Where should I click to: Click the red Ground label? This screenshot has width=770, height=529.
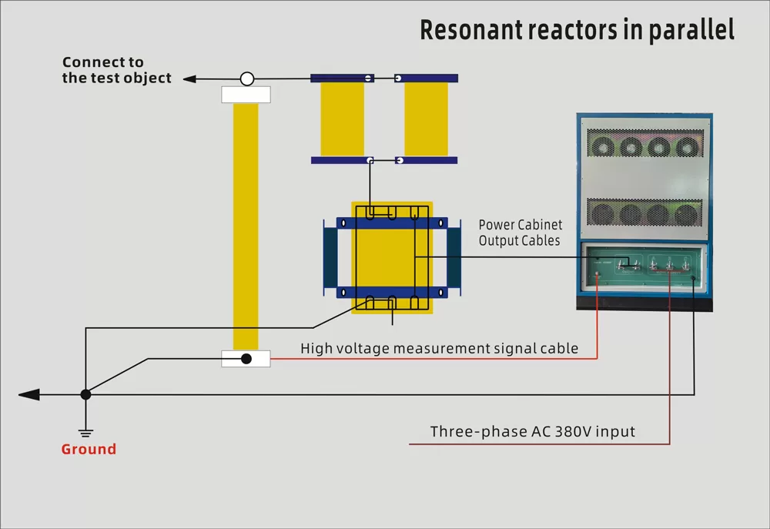coord(89,449)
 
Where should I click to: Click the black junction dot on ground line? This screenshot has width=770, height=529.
coord(86,394)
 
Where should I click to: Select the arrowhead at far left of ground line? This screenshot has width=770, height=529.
coord(29,394)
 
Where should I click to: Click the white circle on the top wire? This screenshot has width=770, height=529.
coord(247,79)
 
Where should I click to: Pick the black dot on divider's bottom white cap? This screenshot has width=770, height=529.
coord(246,359)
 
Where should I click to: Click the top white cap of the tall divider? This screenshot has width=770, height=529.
coord(246,95)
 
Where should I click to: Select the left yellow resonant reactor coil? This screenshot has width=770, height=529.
coord(343,119)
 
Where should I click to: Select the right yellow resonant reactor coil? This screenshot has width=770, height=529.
coord(426,119)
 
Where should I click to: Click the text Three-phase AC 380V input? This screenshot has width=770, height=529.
coord(533,431)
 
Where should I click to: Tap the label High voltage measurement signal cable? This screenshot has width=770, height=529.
coord(439,348)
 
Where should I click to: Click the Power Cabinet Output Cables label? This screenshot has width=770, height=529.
coord(521,233)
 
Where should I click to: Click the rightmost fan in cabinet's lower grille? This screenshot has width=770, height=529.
coord(687,214)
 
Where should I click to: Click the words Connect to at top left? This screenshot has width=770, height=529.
coord(102,62)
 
